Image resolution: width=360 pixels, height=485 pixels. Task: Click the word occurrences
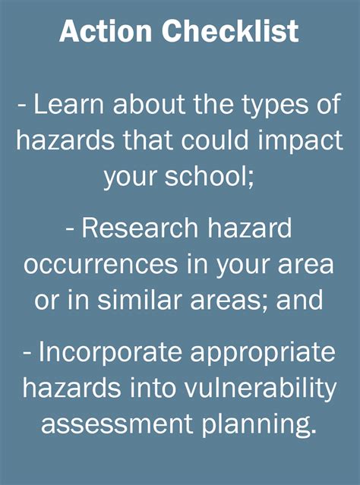(106, 265)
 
